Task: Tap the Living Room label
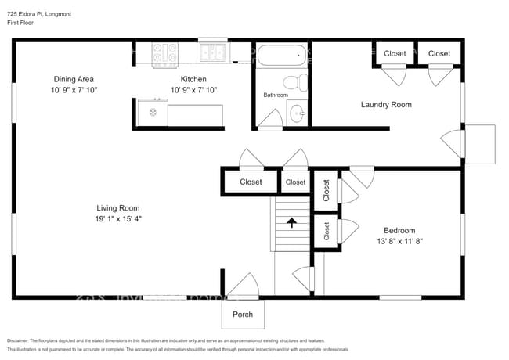pyautogui.click(x=118, y=208)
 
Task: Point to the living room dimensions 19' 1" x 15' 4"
pyautogui.click(x=118, y=219)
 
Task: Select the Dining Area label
pyautogui.click(x=74, y=79)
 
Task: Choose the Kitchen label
pyautogui.click(x=193, y=79)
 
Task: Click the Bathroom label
pyautogui.click(x=276, y=95)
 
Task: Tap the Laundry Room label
pyautogui.click(x=386, y=104)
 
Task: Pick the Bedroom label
pyautogui.click(x=399, y=230)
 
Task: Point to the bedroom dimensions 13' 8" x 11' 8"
pyautogui.click(x=399, y=241)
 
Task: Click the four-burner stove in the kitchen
pyautogui.click(x=166, y=53)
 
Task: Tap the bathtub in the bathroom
pyautogui.click(x=280, y=56)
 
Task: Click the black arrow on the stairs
pyautogui.click(x=292, y=223)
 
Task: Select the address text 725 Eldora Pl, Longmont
pyautogui.click(x=39, y=13)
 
